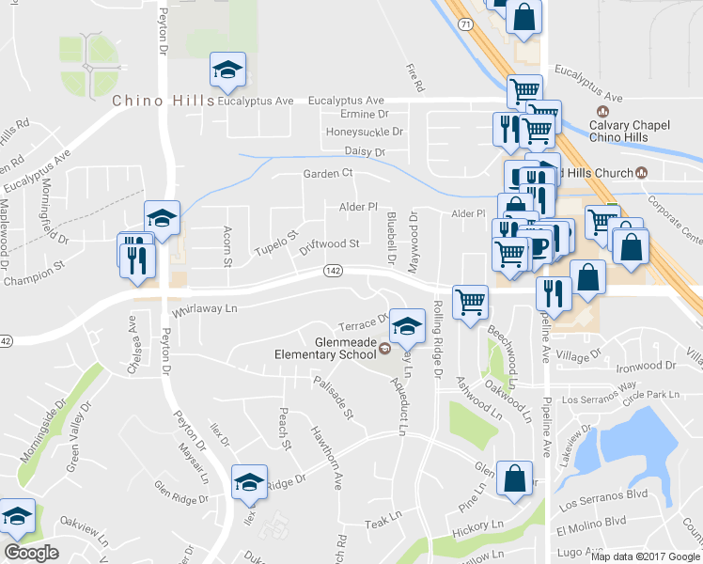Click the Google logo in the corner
(30, 553)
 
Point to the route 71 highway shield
(467, 22)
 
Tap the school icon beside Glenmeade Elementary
(406, 325)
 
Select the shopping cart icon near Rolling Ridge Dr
(470, 302)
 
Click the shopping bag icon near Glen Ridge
(514, 478)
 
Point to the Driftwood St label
(329, 244)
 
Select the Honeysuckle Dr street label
(364, 133)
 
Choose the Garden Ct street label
(327, 174)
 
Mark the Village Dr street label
(577, 355)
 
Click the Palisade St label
(334, 397)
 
